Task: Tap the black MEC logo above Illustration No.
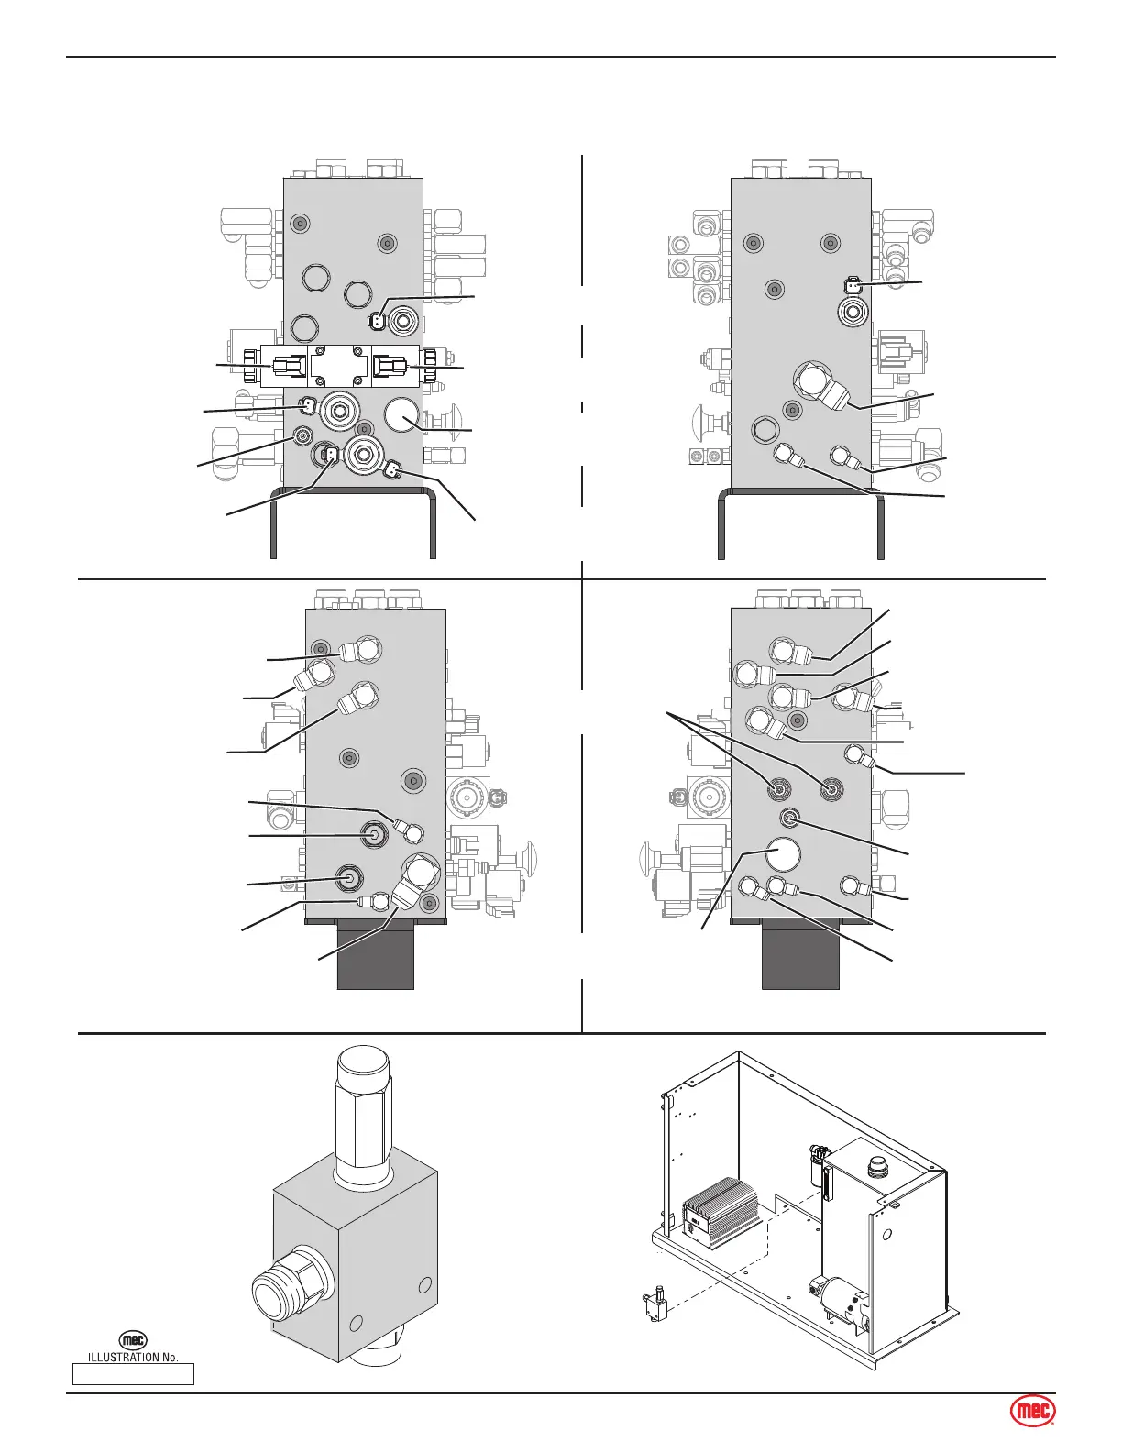click(x=134, y=1340)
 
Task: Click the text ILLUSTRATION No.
click(x=133, y=1357)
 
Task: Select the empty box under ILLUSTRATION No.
click(x=133, y=1373)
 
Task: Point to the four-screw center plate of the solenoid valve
click(x=339, y=366)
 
